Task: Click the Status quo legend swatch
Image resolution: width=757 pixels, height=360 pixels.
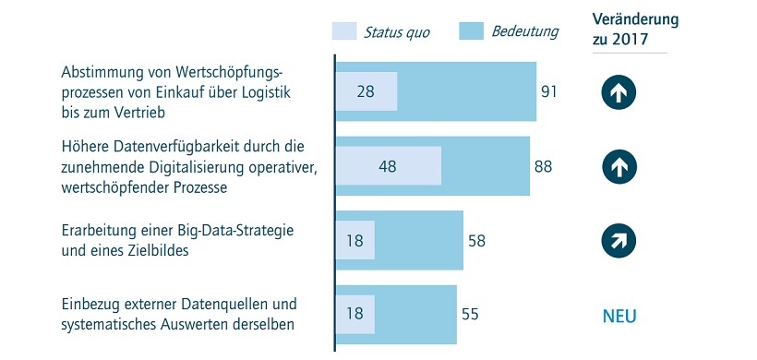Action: coord(343,32)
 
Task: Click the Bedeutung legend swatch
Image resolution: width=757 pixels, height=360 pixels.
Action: coord(471,32)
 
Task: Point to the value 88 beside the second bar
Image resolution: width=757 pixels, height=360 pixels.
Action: coord(545,166)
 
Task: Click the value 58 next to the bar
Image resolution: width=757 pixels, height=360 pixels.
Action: coord(477,241)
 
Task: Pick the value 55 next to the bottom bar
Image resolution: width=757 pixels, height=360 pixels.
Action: coord(471,315)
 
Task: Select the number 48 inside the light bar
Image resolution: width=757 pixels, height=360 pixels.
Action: coord(388,167)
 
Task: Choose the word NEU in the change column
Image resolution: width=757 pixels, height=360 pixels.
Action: coord(619,317)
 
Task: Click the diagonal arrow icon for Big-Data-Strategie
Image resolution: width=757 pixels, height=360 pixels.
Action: coord(619,241)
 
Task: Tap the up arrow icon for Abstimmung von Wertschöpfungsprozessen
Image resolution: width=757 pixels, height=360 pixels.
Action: coord(619,92)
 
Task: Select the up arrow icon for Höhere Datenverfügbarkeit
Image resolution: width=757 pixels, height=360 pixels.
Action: coord(619,167)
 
